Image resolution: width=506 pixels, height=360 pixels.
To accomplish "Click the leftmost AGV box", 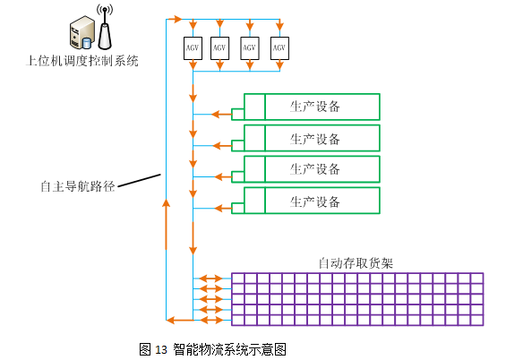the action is click(x=193, y=48).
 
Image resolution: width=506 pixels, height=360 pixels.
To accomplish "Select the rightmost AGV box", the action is click(x=279, y=48).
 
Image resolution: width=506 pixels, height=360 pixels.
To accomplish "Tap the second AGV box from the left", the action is click(x=219, y=48).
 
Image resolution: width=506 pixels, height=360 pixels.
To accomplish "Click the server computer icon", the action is click(x=82, y=33).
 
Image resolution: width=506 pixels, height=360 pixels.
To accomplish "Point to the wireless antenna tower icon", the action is click(x=105, y=28).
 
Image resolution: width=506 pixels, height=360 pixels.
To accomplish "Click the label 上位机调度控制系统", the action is click(x=82, y=61).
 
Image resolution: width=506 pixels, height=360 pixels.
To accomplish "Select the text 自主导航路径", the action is click(x=78, y=186).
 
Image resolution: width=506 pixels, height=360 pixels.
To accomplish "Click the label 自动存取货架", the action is click(x=356, y=263).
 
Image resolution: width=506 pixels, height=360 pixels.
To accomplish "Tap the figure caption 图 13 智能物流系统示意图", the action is click(x=212, y=349).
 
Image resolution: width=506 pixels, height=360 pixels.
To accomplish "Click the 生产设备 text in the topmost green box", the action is click(x=315, y=107).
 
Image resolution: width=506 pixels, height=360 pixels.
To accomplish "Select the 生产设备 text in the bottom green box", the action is click(x=315, y=201).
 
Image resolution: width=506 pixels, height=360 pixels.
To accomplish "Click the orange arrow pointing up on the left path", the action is click(x=167, y=224).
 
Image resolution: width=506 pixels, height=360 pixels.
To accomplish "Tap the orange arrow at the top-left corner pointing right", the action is click(x=175, y=19).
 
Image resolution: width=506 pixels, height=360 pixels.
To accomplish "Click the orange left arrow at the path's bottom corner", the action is click(x=180, y=320).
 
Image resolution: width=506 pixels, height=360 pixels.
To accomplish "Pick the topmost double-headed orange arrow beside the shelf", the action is click(x=210, y=279).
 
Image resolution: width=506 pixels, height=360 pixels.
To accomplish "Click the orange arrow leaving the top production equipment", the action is click(x=222, y=115).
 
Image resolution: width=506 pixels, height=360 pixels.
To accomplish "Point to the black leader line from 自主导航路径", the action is click(x=140, y=180).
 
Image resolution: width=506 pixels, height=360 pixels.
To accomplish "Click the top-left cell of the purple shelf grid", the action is click(x=238, y=279).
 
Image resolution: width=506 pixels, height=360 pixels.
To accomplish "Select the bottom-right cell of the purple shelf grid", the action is click(x=477, y=321).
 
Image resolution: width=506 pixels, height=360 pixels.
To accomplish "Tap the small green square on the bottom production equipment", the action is click(x=238, y=208).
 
